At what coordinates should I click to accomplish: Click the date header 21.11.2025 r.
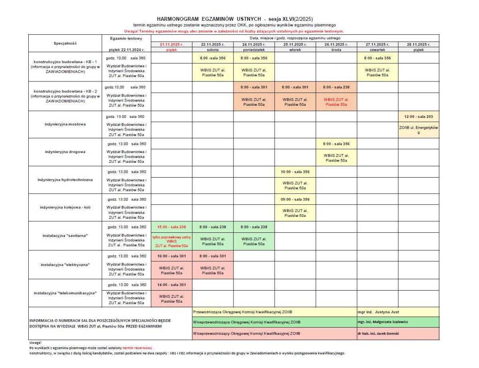pos(171,44)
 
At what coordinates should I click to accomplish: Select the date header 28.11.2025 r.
pos(419,44)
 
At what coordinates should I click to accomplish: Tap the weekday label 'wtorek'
pos(295,49)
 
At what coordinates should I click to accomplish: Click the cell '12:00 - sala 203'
pos(419,117)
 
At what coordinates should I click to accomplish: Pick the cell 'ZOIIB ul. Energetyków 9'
pos(419,130)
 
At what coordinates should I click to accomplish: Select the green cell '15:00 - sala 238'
pos(171,227)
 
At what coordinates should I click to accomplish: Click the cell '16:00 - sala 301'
pos(171,256)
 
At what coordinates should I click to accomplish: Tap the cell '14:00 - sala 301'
pos(171,285)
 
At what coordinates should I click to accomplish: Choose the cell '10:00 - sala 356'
pos(295,172)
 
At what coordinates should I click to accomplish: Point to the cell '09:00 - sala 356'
pos(295,199)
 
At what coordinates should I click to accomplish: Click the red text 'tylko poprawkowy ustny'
pos(171,237)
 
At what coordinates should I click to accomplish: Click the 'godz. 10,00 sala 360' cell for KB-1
pos(126,58)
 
